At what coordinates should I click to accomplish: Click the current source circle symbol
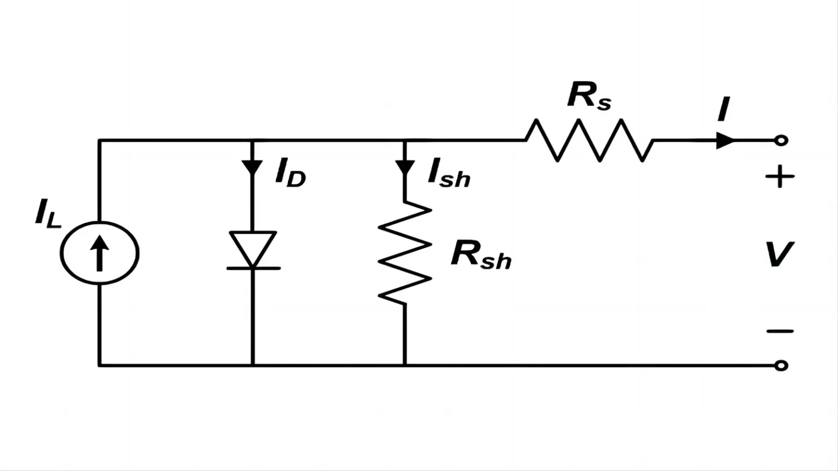[61, 253]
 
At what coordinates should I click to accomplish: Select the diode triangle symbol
[253, 249]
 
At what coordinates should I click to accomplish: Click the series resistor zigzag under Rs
[589, 140]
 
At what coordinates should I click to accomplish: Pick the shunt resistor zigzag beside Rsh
[405, 253]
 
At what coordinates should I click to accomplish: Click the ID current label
[290, 172]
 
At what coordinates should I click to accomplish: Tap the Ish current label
[449, 172]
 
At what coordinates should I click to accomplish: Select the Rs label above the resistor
[589, 96]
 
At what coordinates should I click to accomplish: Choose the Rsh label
[481, 255]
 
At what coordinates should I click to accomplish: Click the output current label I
[724, 109]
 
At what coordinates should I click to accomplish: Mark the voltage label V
[779, 254]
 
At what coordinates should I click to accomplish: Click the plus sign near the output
[780, 177]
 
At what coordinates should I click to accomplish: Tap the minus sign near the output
[780, 331]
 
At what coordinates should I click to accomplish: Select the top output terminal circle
[781, 141]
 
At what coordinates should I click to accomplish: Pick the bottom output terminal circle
[781, 365]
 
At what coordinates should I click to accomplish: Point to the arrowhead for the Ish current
[405, 167]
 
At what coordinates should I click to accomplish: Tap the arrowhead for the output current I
[725, 141]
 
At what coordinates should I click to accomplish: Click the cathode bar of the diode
[253, 268]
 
